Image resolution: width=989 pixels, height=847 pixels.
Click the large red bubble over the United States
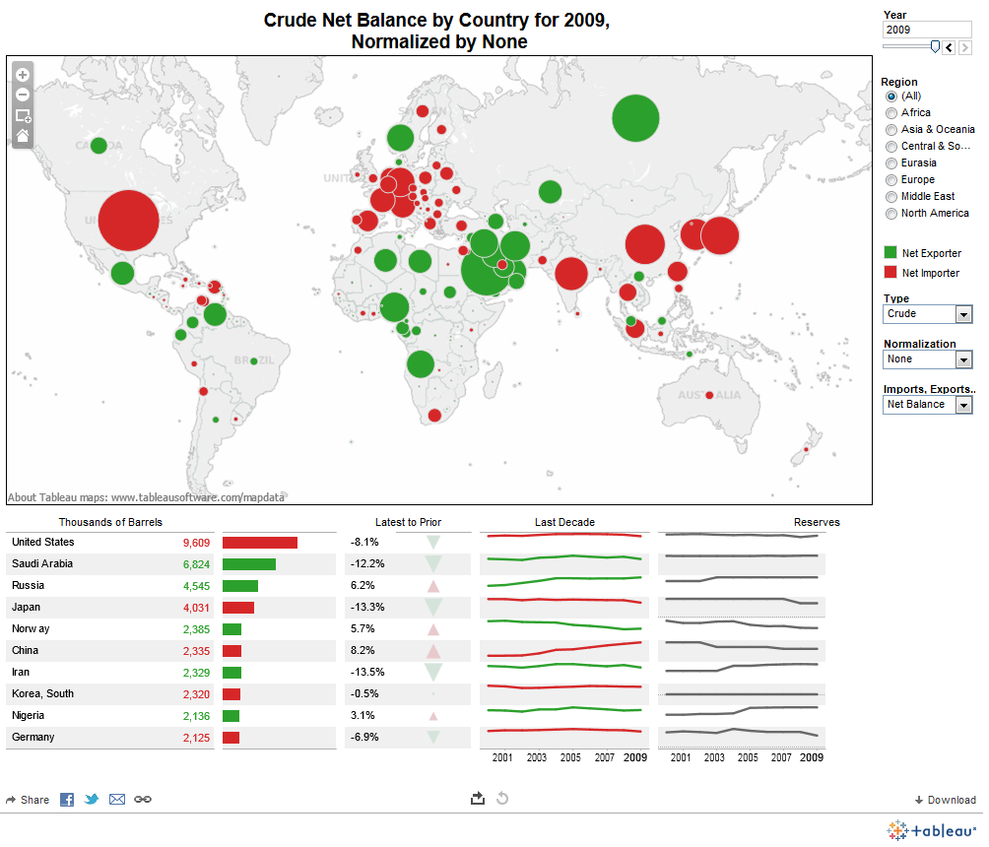click(127, 221)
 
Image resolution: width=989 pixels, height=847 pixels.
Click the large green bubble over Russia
click(635, 119)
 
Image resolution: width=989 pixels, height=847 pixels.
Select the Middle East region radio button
click(892, 196)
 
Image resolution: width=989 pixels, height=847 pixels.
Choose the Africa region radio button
click(892, 112)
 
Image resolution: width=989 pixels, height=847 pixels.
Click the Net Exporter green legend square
click(890, 253)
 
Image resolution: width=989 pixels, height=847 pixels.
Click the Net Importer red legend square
click(890, 273)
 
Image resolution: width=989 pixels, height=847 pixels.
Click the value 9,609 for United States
click(196, 543)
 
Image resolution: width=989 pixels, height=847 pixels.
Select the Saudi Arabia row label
click(41, 564)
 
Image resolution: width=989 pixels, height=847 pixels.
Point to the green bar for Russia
click(239, 586)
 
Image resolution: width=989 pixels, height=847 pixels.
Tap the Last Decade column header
click(564, 522)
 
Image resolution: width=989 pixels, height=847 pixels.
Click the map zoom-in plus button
click(23, 75)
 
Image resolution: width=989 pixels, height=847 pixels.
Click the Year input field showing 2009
click(926, 30)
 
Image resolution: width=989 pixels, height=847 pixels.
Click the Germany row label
click(33, 738)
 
